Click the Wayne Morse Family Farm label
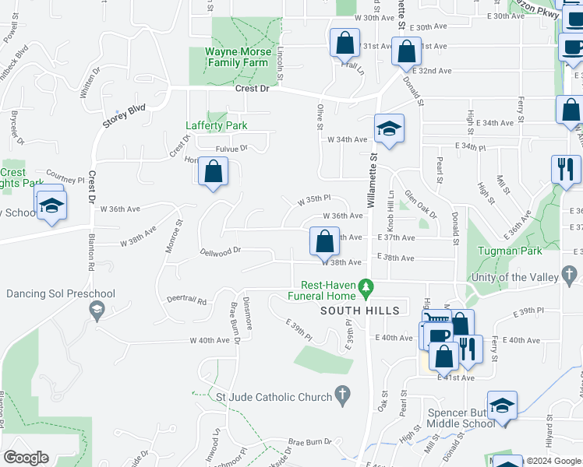238,58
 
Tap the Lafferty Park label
216,125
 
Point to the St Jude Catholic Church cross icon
342,396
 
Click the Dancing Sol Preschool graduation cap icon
95,311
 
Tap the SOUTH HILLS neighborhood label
360,311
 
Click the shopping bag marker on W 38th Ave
324,241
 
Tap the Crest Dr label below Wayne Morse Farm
252,90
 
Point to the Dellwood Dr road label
222,251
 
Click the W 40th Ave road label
212,340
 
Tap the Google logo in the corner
26,458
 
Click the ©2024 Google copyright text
553,461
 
